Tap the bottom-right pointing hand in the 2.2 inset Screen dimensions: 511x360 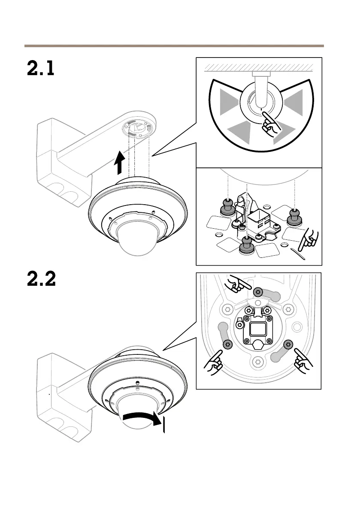click(x=303, y=362)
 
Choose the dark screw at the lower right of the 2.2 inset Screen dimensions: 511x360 click(x=288, y=343)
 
